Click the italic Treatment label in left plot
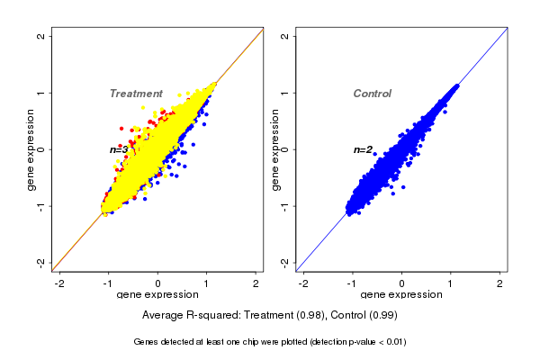[x=136, y=94]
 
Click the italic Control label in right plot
[x=372, y=94]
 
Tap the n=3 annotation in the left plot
[x=119, y=149]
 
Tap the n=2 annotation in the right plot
[x=363, y=149]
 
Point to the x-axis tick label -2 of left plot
[x=60, y=283]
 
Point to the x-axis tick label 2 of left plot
[x=256, y=283]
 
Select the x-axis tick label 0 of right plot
[x=402, y=283]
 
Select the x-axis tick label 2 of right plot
[x=500, y=283]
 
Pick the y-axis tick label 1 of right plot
[x=285, y=93]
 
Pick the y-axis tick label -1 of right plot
[x=285, y=205]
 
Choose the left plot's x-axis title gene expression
[x=157, y=295]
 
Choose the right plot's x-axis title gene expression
[x=402, y=295]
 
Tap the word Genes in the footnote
[x=147, y=342]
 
